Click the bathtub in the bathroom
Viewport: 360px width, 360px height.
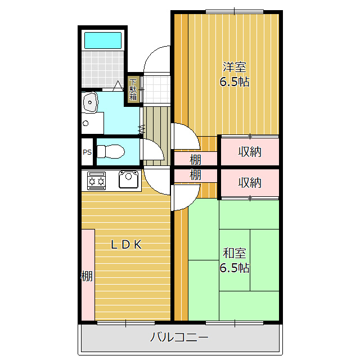103,40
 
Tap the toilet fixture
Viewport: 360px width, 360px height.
111,151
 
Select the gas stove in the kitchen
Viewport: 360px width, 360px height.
96,181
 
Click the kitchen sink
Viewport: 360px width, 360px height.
129,179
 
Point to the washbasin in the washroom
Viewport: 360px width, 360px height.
90,102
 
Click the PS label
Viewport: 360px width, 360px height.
87,152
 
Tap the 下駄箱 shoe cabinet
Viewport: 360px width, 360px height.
133,89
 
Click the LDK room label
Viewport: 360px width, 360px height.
126,245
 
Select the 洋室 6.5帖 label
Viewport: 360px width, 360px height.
235,74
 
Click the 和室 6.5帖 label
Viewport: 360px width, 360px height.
235,260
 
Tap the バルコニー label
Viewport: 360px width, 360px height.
179,337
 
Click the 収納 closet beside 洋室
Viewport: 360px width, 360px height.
250,151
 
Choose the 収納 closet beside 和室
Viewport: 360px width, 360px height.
250,183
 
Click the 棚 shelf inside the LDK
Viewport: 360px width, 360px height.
88,274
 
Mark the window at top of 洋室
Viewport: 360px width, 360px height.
234,11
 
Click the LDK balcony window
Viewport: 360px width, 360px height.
126,323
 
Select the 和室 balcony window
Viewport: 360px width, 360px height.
235,323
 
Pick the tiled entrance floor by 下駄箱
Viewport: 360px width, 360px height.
157,89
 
